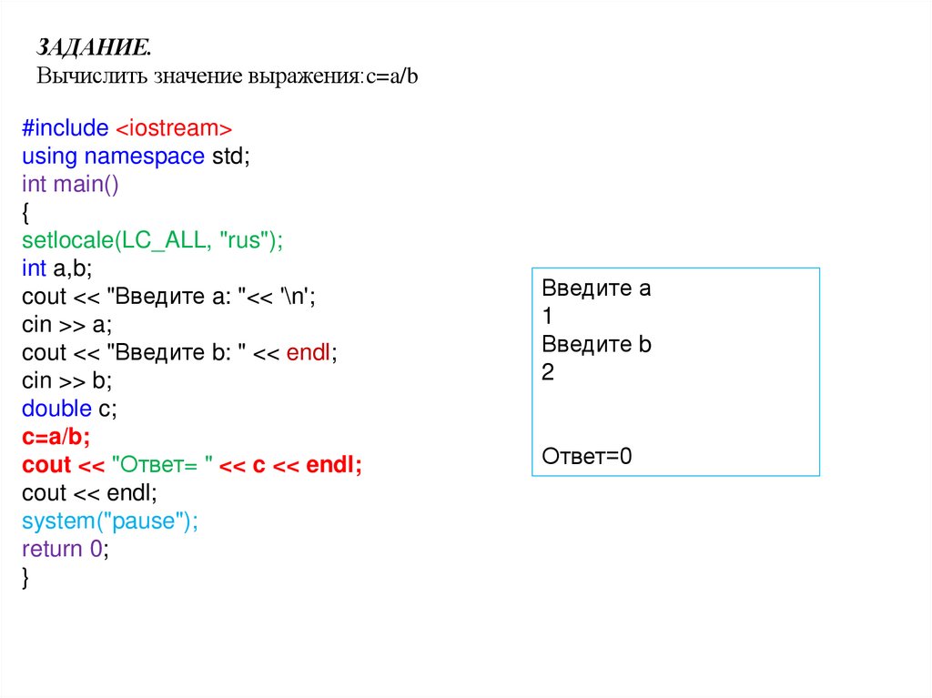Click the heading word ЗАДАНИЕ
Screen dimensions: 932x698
[x=94, y=47]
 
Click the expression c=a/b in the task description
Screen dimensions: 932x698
[x=391, y=76]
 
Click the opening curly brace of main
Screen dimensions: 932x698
[x=26, y=212]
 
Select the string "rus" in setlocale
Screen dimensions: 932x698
[x=244, y=240]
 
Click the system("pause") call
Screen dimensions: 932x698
[x=109, y=521]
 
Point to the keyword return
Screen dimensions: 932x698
[x=52, y=550]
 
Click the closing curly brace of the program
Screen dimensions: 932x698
[x=26, y=578]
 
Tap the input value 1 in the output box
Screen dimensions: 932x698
[x=547, y=318]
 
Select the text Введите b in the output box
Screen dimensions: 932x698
[x=596, y=346]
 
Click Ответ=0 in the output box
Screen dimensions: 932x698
[x=586, y=457]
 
